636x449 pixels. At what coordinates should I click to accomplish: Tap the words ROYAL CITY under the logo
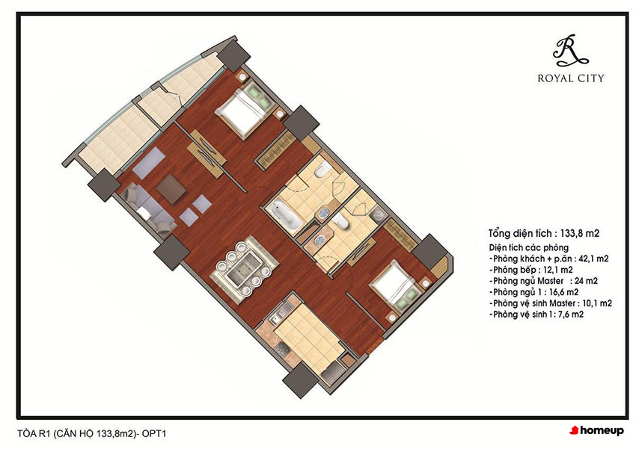coord(571,78)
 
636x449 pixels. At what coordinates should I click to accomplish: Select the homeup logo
coord(596,430)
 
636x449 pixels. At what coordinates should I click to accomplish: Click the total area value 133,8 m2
coord(580,233)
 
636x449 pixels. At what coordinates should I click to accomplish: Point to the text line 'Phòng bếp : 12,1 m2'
coord(531,270)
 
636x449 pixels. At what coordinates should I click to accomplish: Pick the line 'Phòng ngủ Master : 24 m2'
coord(543,281)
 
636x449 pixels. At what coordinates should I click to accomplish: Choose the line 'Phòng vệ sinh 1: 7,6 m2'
coord(536,315)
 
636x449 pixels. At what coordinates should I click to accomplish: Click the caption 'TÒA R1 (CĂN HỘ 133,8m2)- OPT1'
coord(92,433)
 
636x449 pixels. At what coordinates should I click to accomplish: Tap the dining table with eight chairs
coord(244,269)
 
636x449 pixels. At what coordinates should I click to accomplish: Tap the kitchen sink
coord(280,315)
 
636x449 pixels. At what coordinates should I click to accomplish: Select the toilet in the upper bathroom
coord(321,170)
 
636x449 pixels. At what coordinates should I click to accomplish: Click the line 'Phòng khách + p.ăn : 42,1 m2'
coord(548,258)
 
